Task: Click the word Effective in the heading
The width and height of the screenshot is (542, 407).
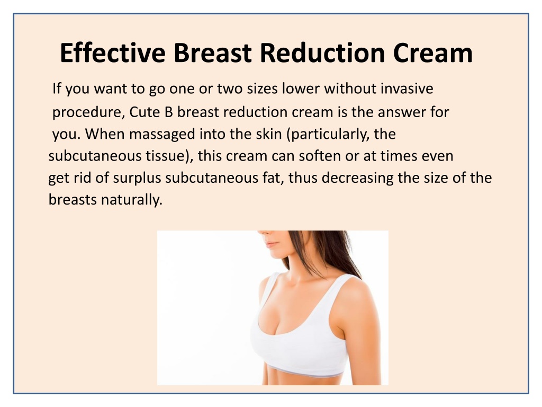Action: [113, 53]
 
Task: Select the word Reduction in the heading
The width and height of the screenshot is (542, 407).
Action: [322, 53]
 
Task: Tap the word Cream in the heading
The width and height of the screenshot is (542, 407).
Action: [432, 53]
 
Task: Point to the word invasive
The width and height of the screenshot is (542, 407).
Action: [407, 89]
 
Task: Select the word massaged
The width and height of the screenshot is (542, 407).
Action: [162, 134]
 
